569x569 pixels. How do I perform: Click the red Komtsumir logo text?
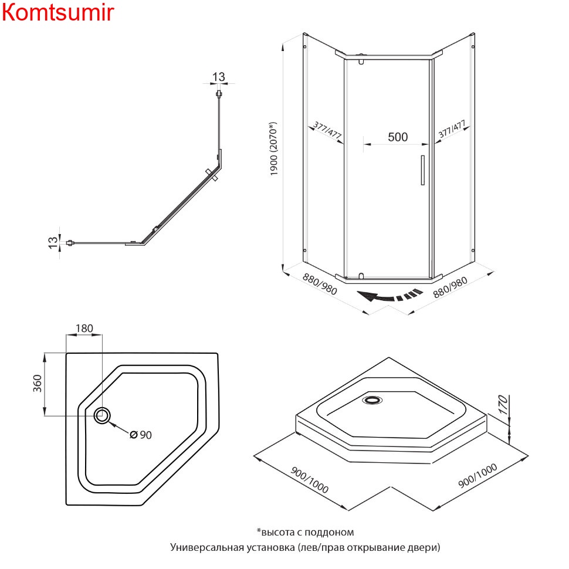pos(57,13)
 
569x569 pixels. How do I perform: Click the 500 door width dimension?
pos(397,137)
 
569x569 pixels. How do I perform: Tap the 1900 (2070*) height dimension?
pos(273,149)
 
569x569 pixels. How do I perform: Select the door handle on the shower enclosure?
pos(422,170)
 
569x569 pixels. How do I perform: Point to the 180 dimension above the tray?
pos(84,328)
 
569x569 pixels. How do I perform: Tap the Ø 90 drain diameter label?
pos(141,435)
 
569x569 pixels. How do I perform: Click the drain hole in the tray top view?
pos(103,415)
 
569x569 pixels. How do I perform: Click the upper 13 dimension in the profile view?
pos(218,77)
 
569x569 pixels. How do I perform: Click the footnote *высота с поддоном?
pos(305,532)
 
